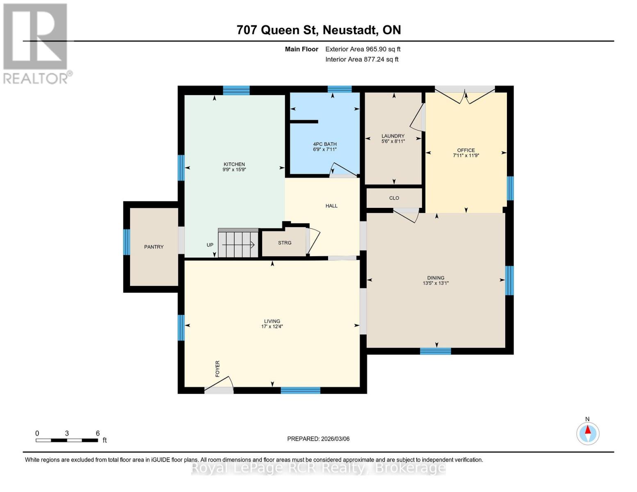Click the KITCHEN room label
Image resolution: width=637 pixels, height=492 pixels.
point(234,164)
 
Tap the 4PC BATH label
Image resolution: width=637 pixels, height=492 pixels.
point(325,144)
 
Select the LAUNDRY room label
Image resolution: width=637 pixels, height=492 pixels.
point(393,136)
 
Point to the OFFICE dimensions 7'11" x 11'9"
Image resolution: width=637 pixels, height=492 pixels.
point(466,156)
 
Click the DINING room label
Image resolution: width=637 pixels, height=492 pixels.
point(436,278)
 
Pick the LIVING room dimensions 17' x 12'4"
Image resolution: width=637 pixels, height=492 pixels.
point(272,327)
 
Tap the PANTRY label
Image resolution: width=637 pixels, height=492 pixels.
point(154,247)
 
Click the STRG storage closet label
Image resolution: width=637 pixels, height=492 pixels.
point(285,243)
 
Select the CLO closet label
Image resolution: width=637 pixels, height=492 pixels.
point(394,198)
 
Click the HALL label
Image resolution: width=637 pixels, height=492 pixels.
point(331,206)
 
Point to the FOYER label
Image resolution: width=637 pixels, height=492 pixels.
point(217,369)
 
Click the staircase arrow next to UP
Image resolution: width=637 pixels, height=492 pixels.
point(238,245)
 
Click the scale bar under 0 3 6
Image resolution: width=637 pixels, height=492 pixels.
point(67,440)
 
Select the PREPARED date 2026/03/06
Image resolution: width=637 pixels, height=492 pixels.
point(318,439)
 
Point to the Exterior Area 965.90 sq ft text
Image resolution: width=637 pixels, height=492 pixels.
point(363,49)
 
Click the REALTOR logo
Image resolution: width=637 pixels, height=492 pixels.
point(36,43)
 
